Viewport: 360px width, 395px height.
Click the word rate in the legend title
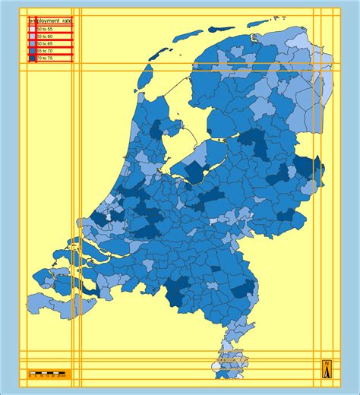coord(67,21)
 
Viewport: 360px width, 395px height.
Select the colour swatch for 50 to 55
coord(32,29)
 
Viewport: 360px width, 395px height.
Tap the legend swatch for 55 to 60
coord(32,36)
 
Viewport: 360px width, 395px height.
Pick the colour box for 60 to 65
coord(32,43)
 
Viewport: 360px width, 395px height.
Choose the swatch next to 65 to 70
coord(32,51)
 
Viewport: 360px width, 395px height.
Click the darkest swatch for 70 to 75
coord(32,58)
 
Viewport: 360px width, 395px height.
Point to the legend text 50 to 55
coord(45,29)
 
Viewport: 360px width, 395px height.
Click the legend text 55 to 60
coord(45,36)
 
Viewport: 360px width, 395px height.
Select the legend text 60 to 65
coord(45,43)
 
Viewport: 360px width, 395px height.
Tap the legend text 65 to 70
coord(45,51)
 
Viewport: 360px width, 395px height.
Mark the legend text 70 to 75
coord(45,58)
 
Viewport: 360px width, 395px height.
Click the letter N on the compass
coord(327,364)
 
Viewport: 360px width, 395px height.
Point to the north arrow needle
coord(327,371)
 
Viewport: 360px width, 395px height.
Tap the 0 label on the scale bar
coord(30,376)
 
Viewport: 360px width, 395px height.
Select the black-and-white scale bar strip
coord(46,371)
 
